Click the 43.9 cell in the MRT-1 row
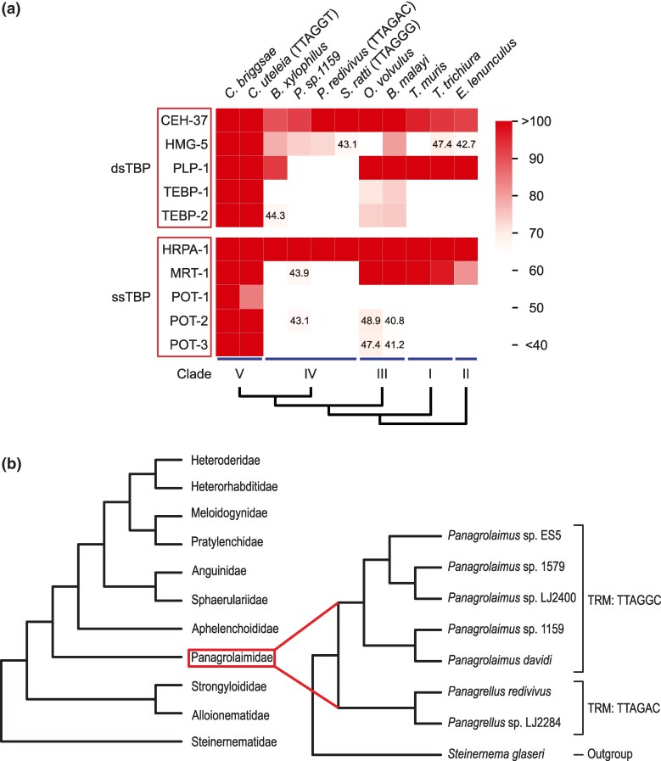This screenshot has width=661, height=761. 300,273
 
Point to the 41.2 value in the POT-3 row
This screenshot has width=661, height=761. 395,346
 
